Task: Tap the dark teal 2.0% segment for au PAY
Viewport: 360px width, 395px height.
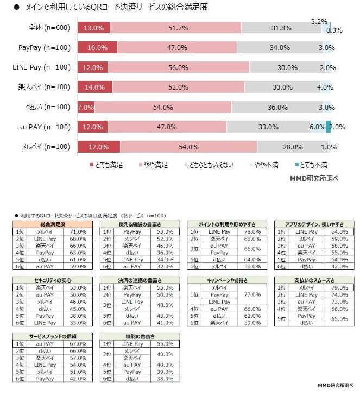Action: pos(328,127)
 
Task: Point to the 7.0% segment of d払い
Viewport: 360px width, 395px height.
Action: pos(83,107)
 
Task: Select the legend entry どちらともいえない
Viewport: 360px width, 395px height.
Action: pos(212,164)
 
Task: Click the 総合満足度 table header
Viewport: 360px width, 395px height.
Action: pos(53,224)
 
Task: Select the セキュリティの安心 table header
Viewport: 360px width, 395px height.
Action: pos(53,280)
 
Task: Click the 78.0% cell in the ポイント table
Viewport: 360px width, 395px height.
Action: pos(251,231)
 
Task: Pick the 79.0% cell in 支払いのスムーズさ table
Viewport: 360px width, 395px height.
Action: pos(338,287)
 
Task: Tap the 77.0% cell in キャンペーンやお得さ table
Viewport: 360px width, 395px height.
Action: pos(251,294)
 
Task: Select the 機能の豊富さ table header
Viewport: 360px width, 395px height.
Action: pos(140,336)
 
